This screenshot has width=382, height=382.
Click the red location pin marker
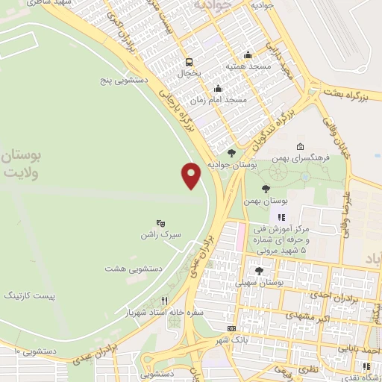point(192,175)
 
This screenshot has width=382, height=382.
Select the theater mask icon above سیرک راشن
point(159,223)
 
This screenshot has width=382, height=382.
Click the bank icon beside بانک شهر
point(231,328)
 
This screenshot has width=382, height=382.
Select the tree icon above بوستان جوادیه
point(231,153)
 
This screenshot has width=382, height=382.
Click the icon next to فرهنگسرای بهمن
point(300,146)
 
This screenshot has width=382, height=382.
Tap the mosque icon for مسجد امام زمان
point(218,88)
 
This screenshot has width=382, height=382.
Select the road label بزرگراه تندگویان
point(288,118)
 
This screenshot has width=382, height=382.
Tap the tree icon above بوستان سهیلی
point(259,271)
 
